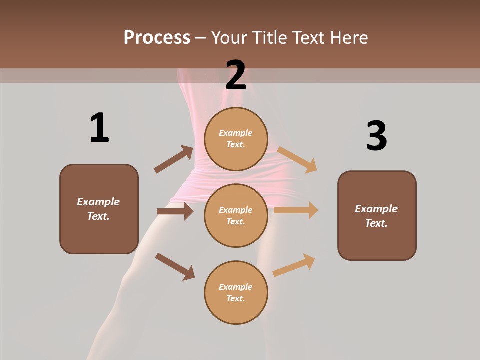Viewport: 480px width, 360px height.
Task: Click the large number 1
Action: (x=99, y=128)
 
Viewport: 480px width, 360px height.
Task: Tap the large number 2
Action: (x=236, y=75)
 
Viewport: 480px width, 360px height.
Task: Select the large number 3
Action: (x=376, y=136)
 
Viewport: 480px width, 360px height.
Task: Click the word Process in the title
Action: (x=157, y=37)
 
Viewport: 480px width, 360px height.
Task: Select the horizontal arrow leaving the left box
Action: (x=175, y=211)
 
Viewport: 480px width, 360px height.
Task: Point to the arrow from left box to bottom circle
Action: (x=175, y=266)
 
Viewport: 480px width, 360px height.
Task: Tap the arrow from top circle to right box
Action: (x=297, y=159)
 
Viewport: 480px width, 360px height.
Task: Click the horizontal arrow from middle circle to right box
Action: (x=296, y=210)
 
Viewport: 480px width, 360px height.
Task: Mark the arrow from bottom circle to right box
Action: (x=294, y=265)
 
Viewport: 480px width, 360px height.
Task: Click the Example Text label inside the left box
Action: (x=98, y=209)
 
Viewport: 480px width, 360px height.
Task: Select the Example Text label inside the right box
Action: (x=376, y=216)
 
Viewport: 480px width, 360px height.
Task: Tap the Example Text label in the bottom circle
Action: (x=236, y=292)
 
